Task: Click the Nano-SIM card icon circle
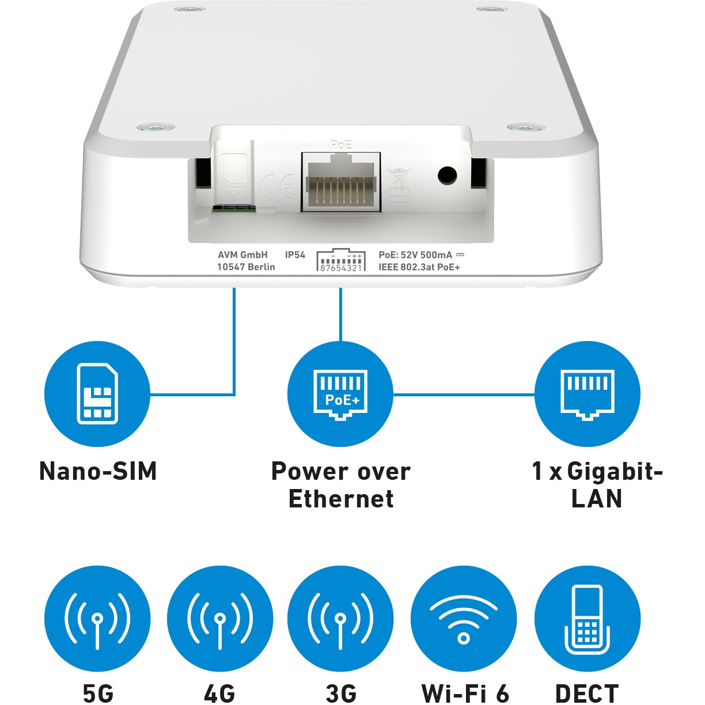(x=97, y=394)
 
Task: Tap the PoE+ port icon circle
(x=340, y=394)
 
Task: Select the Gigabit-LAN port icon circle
(x=587, y=394)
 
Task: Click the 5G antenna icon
(x=97, y=619)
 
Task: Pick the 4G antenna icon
(x=220, y=619)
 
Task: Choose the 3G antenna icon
(x=340, y=619)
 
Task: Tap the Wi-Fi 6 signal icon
(x=464, y=619)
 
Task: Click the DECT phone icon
(x=587, y=619)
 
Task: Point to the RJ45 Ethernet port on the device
(x=341, y=182)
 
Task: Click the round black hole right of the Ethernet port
(x=447, y=175)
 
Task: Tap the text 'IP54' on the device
(x=295, y=255)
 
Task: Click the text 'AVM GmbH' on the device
(x=242, y=255)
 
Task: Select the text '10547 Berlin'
(x=246, y=267)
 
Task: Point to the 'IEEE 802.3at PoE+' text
(x=419, y=267)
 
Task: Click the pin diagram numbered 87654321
(x=341, y=261)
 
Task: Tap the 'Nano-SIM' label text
(x=98, y=471)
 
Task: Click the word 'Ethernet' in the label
(x=341, y=498)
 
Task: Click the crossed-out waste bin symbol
(x=399, y=184)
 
